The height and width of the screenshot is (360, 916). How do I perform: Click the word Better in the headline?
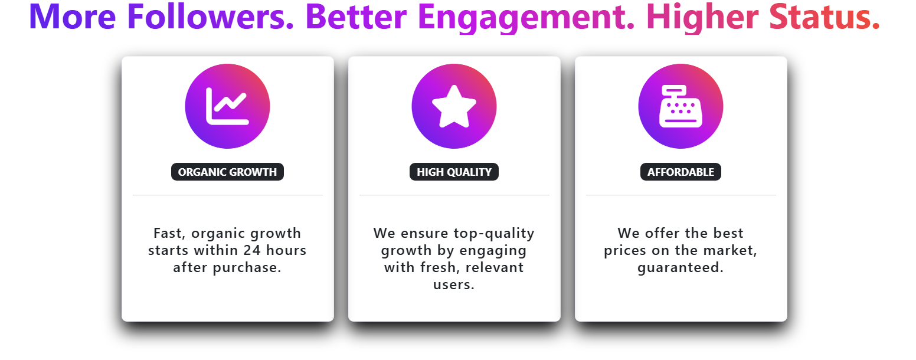(x=356, y=17)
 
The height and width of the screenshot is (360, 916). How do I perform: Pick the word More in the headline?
(x=73, y=17)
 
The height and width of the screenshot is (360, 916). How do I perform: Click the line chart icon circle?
(x=227, y=106)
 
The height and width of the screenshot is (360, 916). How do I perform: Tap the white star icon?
(x=454, y=106)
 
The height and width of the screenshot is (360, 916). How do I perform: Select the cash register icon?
(x=681, y=106)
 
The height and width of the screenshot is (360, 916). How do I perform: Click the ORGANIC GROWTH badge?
(x=227, y=172)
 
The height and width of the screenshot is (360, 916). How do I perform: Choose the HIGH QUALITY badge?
(x=454, y=172)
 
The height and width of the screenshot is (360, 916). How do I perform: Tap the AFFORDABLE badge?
(x=681, y=172)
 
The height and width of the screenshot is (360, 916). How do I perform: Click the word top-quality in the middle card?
(x=494, y=234)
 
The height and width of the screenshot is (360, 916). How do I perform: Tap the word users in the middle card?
(x=452, y=285)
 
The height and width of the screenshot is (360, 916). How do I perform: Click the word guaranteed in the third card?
(x=679, y=269)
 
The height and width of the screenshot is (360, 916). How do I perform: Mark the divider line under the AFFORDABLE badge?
(x=681, y=195)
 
